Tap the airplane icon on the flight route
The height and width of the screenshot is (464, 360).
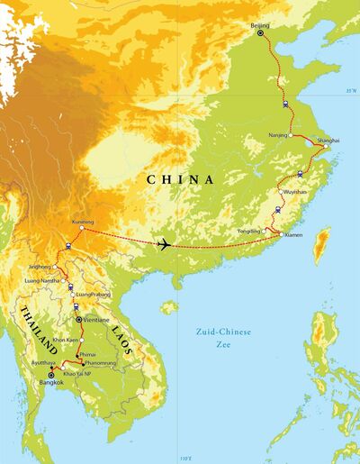[x=165, y=243]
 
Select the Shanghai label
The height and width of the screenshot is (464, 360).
[x=328, y=141]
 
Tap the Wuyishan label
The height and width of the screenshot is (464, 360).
[x=295, y=192]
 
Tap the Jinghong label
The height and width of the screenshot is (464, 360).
[x=38, y=268]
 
